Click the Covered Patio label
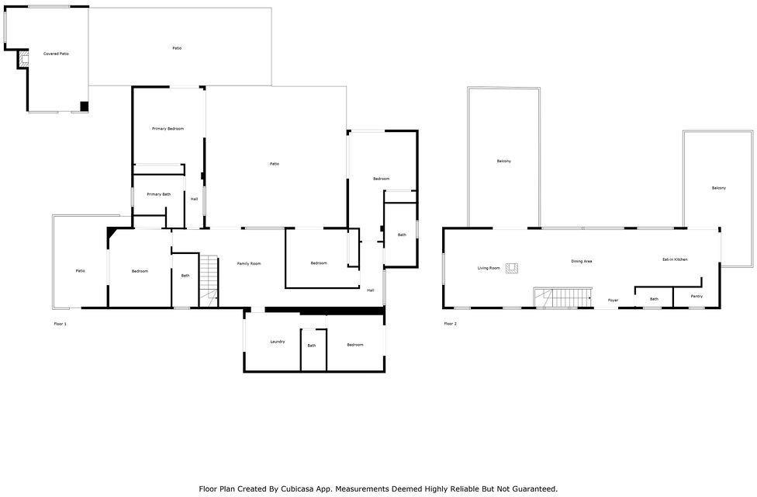point(56,54)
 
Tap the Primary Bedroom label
point(168,129)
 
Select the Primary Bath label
point(159,194)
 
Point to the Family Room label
point(249,263)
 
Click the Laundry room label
point(277,342)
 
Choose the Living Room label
point(489,268)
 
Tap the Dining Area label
point(582,261)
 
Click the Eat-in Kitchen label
point(675,259)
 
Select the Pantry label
point(697,297)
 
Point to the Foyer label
point(614,301)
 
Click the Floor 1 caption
point(60,324)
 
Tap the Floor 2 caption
point(450,324)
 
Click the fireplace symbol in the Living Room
point(512,268)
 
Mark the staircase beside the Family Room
point(209,281)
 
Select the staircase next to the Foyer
point(563,297)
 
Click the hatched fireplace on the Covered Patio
point(24,59)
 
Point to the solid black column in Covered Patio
point(84,106)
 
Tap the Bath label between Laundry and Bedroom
point(312,346)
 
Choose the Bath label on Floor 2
point(654,299)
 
